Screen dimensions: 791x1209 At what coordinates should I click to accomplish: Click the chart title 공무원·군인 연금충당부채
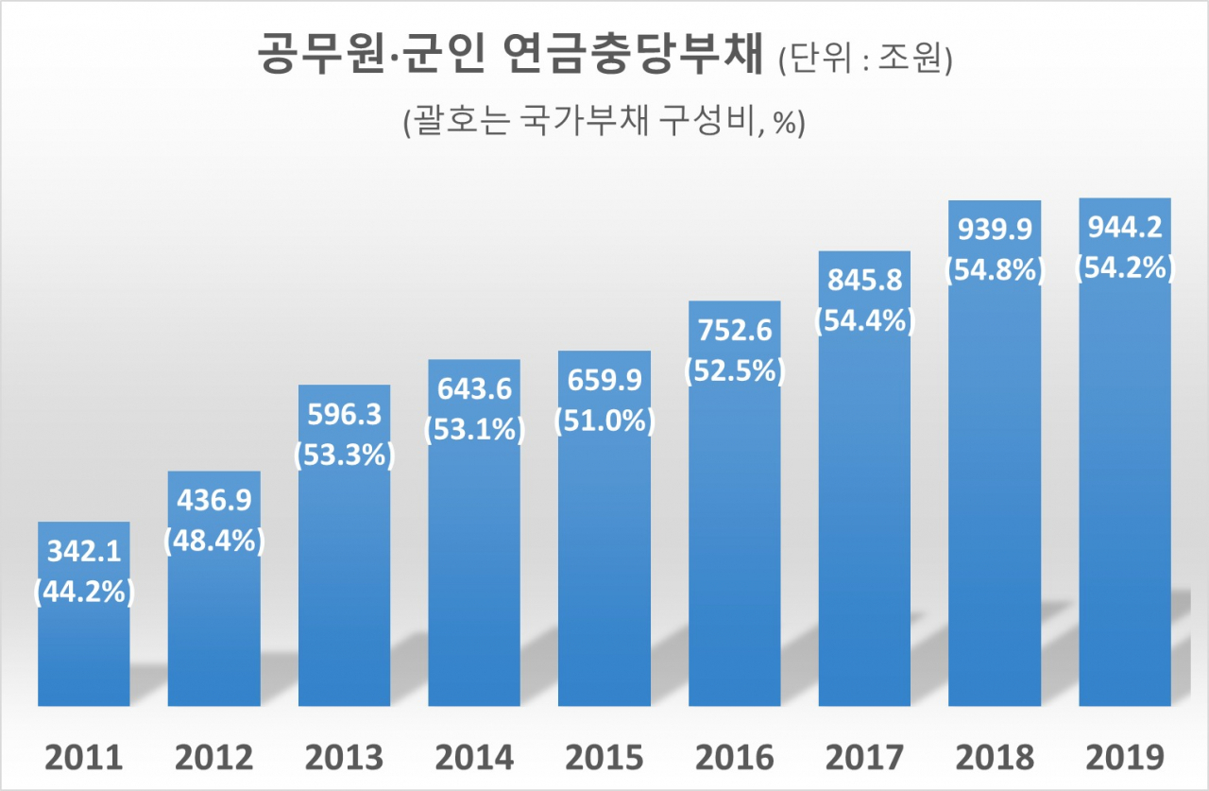point(510,55)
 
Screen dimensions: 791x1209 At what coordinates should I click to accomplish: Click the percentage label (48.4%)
point(213,542)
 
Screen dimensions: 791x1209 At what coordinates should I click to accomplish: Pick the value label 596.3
point(344,418)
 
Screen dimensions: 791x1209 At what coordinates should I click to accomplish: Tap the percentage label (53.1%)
point(474,430)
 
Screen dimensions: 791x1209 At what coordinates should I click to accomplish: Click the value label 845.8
point(864,282)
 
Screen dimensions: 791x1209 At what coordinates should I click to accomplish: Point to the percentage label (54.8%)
point(995,268)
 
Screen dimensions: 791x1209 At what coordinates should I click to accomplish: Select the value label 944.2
point(1125,230)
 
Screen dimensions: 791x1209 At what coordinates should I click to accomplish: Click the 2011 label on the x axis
point(83,757)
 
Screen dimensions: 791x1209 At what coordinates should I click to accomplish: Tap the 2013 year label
point(344,757)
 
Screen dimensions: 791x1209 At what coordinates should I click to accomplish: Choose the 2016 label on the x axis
point(735,757)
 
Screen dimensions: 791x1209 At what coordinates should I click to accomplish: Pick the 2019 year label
point(1125,757)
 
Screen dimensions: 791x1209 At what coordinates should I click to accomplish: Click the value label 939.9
point(995,231)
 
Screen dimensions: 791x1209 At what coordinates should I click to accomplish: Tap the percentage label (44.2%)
point(83,593)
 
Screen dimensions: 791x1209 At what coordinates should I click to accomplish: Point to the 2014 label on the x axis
point(474,757)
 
